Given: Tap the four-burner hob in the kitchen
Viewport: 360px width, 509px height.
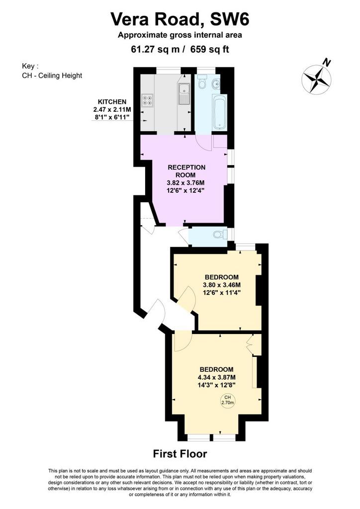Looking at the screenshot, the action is tap(147, 100).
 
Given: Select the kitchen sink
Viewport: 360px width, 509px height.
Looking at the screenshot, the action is tap(184, 93).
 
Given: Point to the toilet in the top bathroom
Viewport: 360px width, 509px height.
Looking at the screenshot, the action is tap(202, 82).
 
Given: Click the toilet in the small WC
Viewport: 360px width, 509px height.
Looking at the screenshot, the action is tap(220, 234).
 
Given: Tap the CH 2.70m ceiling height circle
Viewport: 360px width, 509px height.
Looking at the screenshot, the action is tap(228, 400).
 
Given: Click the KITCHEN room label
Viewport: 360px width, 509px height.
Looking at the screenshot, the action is tap(112, 102).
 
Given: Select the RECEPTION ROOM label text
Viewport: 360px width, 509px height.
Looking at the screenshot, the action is tap(186, 171).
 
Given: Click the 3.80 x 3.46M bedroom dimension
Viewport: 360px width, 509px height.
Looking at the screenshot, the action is tap(222, 285).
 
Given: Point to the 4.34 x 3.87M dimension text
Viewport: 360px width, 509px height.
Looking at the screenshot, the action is tap(216, 377).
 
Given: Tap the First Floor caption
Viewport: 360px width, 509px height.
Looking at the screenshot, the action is tap(180, 453).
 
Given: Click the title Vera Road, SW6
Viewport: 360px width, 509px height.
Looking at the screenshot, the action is tap(180, 19).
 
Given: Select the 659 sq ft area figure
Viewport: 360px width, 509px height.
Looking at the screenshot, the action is tap(209, 49).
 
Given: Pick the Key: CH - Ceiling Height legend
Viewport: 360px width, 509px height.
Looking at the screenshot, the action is tap(52, 71).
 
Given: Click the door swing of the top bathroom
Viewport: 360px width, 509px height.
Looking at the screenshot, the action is tap(204, 143).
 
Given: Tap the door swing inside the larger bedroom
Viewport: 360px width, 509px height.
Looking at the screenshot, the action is tap(183, 342).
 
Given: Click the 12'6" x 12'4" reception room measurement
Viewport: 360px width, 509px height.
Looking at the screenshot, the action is tap(186, 190).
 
